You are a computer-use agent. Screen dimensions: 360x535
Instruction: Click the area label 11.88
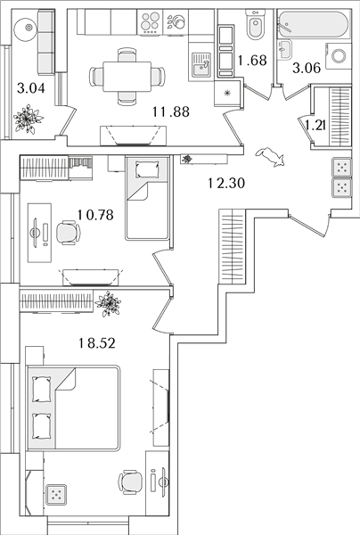[171, 111]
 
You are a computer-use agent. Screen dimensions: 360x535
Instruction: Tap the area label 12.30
[226, 183]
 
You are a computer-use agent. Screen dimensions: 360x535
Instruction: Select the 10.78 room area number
[95, 215]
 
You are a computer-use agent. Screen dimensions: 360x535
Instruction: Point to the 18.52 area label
[97, 343]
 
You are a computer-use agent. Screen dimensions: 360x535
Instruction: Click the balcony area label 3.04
[31, 88]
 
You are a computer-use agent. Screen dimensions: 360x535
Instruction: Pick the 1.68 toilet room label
[252, 61]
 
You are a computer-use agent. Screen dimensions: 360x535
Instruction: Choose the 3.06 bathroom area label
[307, 69]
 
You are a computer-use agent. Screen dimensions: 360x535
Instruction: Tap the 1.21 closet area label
[315, 126]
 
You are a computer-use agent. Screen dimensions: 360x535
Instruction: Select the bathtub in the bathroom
[314, 25]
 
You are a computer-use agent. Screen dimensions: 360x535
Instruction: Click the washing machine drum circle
[339, 56]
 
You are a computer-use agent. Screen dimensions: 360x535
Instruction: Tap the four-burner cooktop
[151, 22]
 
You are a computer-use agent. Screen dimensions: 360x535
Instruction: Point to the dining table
[127, 77]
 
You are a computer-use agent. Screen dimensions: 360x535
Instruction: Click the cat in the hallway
[270, 157]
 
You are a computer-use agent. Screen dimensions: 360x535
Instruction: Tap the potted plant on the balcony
[28, 119]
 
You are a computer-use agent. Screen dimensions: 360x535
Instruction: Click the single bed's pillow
[147, 169]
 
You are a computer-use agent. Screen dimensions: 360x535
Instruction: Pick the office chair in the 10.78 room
[68, 233]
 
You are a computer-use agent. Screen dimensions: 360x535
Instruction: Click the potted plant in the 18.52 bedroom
[108, 303]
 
